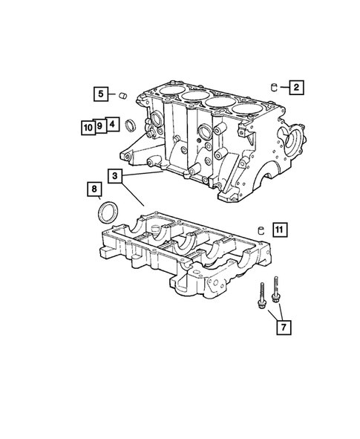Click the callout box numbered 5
pos(100,94)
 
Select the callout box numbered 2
pos(295,88)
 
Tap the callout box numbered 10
pos(88,126)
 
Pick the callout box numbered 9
pos(99,126)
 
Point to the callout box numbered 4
pos(111,125)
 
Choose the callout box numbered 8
pos(94,189)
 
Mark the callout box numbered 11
pos(277,228)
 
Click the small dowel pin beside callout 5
pos(125,95)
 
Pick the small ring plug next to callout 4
pos(131,123)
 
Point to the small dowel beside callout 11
pos(261,228)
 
